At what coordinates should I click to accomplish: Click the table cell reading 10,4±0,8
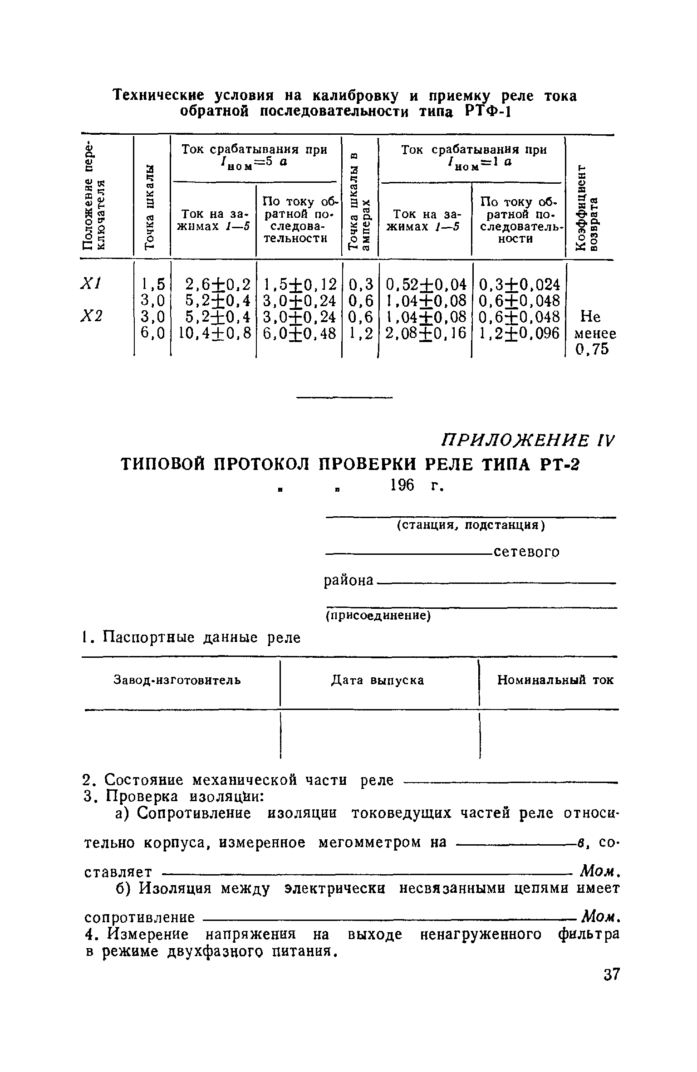[215, 333]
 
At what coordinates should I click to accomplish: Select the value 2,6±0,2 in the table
[218, 284]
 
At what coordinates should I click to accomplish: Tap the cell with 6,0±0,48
[299, 333]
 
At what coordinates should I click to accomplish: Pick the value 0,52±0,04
[426, 284]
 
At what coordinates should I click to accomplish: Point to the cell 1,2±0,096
[519, 333]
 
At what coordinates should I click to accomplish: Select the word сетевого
[526, 552]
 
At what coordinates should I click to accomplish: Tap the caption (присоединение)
[378, 616]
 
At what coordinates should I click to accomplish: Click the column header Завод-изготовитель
[177, 680]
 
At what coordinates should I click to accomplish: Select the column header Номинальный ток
[555, 680]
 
